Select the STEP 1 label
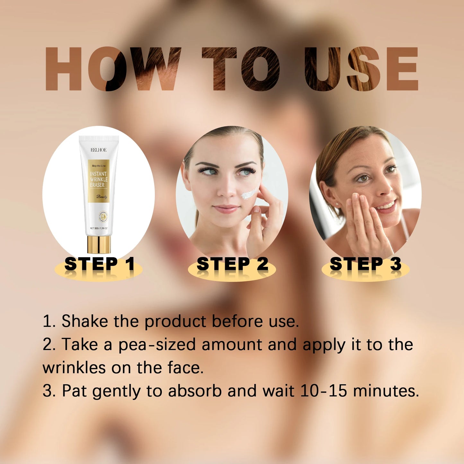click(99, 264)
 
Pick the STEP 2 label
click(232, 264)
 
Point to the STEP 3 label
click(365, 264)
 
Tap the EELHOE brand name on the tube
click(99, 150)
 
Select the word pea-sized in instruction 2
click(157, 345)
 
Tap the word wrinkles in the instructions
click(74, 368)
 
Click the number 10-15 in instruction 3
click(324, 391)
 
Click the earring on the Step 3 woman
click(337, 204)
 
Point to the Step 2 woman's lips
click(226, 209)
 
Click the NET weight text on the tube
click(99, 228)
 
